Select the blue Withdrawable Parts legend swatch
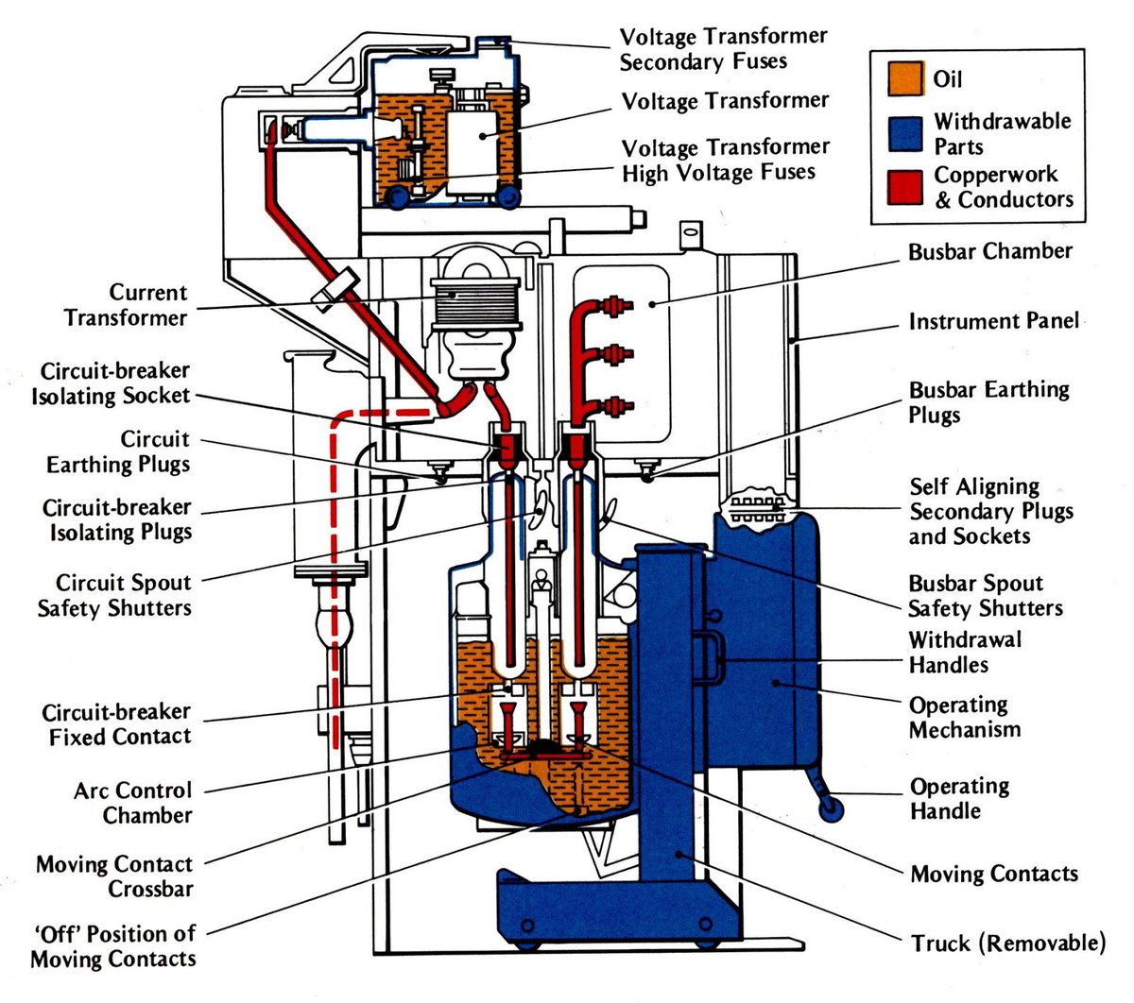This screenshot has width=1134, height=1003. pyautogui.click(x=905, y=133)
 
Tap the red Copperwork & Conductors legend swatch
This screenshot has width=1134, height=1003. pyautogui.click(x=905, y=187)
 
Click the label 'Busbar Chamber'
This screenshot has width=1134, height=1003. pyautogui.click(x=989, y=252)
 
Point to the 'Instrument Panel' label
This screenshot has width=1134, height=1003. pyautogui.click(x=993, y=322)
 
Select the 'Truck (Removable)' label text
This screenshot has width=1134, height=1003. pyautogui.click(x=1007, y=943)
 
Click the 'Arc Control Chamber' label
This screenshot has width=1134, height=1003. pyautogui.click(x=132, y=803)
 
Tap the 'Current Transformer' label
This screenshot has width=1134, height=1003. pyautogui.click(x=126, y=305)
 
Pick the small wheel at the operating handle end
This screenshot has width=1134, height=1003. pyautogui.click(x=832, y=808)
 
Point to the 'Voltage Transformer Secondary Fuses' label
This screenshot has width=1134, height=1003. pyautogui.click(x=723, y=49)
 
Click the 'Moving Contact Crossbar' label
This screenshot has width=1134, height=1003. pyautogui.click(x=113, y=876)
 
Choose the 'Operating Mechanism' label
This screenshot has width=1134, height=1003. pyautogui.click(x=964, y=718)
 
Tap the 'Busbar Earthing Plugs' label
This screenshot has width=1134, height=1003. pyautogui.click(x=988, y=402)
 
